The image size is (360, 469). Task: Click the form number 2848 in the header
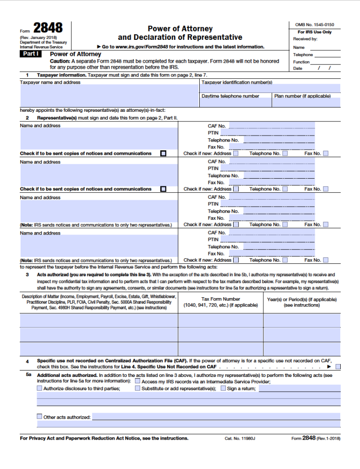point(48,28)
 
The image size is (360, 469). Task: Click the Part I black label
point(31,54)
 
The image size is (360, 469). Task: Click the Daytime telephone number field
point(235,103)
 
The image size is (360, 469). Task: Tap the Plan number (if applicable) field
point(306,103)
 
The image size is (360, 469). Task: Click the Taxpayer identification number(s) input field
point(270,88)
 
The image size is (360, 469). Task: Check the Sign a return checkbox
point(223,388)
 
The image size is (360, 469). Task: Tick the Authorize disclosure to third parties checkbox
point(39,388)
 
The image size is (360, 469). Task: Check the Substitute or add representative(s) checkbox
point(137,388)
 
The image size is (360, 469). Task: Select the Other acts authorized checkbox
point(39,417)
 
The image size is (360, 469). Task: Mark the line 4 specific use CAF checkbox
point(338,366)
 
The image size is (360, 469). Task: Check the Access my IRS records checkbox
point(137,382)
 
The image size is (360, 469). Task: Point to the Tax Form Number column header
point(220,302)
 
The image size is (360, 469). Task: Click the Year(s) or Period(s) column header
point(301,302)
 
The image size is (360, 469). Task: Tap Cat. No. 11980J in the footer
point(240,438)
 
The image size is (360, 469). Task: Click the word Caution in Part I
point(60,61)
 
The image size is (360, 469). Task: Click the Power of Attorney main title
point(180,29)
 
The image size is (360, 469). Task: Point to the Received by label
point(305,39)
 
